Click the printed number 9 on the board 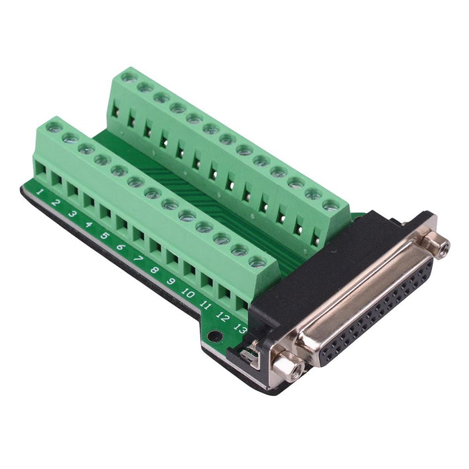pos(172,281)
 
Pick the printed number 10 pos(188,293)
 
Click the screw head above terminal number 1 pos(55,127)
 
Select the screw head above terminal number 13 pos(257,262)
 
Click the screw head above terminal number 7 pos(153,193)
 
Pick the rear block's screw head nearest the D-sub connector pos(330,206)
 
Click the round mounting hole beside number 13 pos(214,337)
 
